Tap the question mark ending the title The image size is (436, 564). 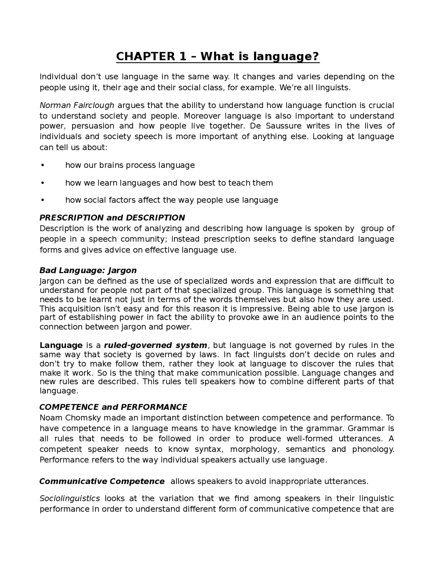(x=316, y=57)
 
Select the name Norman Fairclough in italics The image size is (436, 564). (x=77, y=105)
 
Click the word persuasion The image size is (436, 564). (x=93, y=126)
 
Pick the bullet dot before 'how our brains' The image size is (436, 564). (x=43, y=165)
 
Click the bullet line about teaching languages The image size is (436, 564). (x=169, y=183)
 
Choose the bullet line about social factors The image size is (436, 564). (x=172, y=200)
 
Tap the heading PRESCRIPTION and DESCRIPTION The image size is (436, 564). (x=112, y=218)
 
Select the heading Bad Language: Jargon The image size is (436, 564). (x=88, y=270)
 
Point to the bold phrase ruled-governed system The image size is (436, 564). (x=155, y=345)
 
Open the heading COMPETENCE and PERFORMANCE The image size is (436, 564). (x=113, y=407)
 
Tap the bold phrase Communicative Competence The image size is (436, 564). (x=102, y=481)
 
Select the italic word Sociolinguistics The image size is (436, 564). (x=70, y=499)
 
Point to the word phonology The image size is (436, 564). (x=373, y=449)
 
